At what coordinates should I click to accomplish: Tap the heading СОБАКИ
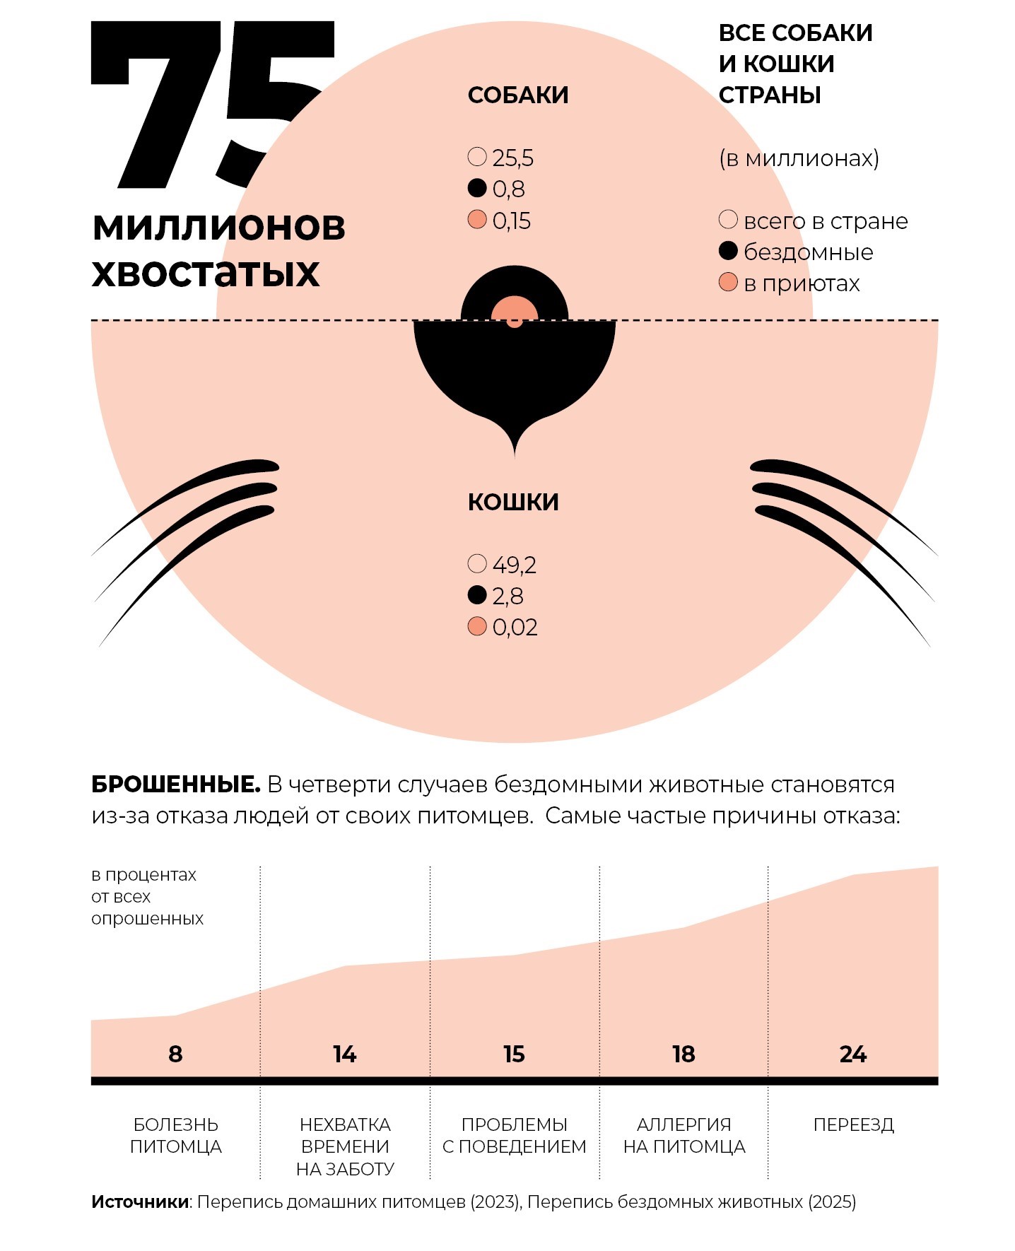pyautogui.click(x=518, y=95)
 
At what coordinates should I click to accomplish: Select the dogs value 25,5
pyautogui.click(x=512, y=158)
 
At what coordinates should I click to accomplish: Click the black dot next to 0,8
pyautogui.click(x=477, y=188)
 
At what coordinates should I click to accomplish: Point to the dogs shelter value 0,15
pyautogui.click(x=511, y=221)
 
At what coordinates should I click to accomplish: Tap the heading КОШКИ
pyautogui.click(x=513, y=502)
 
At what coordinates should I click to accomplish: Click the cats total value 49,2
pyautogui.click(x=514, y=565)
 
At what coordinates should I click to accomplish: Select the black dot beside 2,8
pyautogui.click(x=477, y=595)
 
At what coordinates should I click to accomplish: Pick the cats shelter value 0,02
pyautogui.click(x=515, y=627)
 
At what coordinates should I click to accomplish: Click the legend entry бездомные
pyautogui.click(x=808, y=252)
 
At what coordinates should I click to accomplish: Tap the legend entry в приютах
pyautogui.click(x=802, y=283)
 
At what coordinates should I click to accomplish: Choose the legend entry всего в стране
pyautogui.click(x=825, y=221)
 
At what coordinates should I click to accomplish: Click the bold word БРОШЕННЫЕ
pyautogui.click(x=176, y=785)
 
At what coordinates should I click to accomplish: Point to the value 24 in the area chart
pyautogui.click(x=853, y=1055)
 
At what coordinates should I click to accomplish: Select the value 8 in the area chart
pyautogui.click(x=175, y=1055)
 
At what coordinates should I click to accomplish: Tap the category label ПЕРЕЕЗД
pyautogui.click(x=853, y=1124)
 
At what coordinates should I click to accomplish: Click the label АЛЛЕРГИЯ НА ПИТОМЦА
pyautogui.click(x=684, y=1135)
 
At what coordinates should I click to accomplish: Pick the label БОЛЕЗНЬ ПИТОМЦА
pyautogui.click(x=175, y=1135)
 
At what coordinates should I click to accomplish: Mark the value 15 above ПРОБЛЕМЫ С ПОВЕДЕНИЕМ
pyautogui.click(x=514, y=1055)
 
